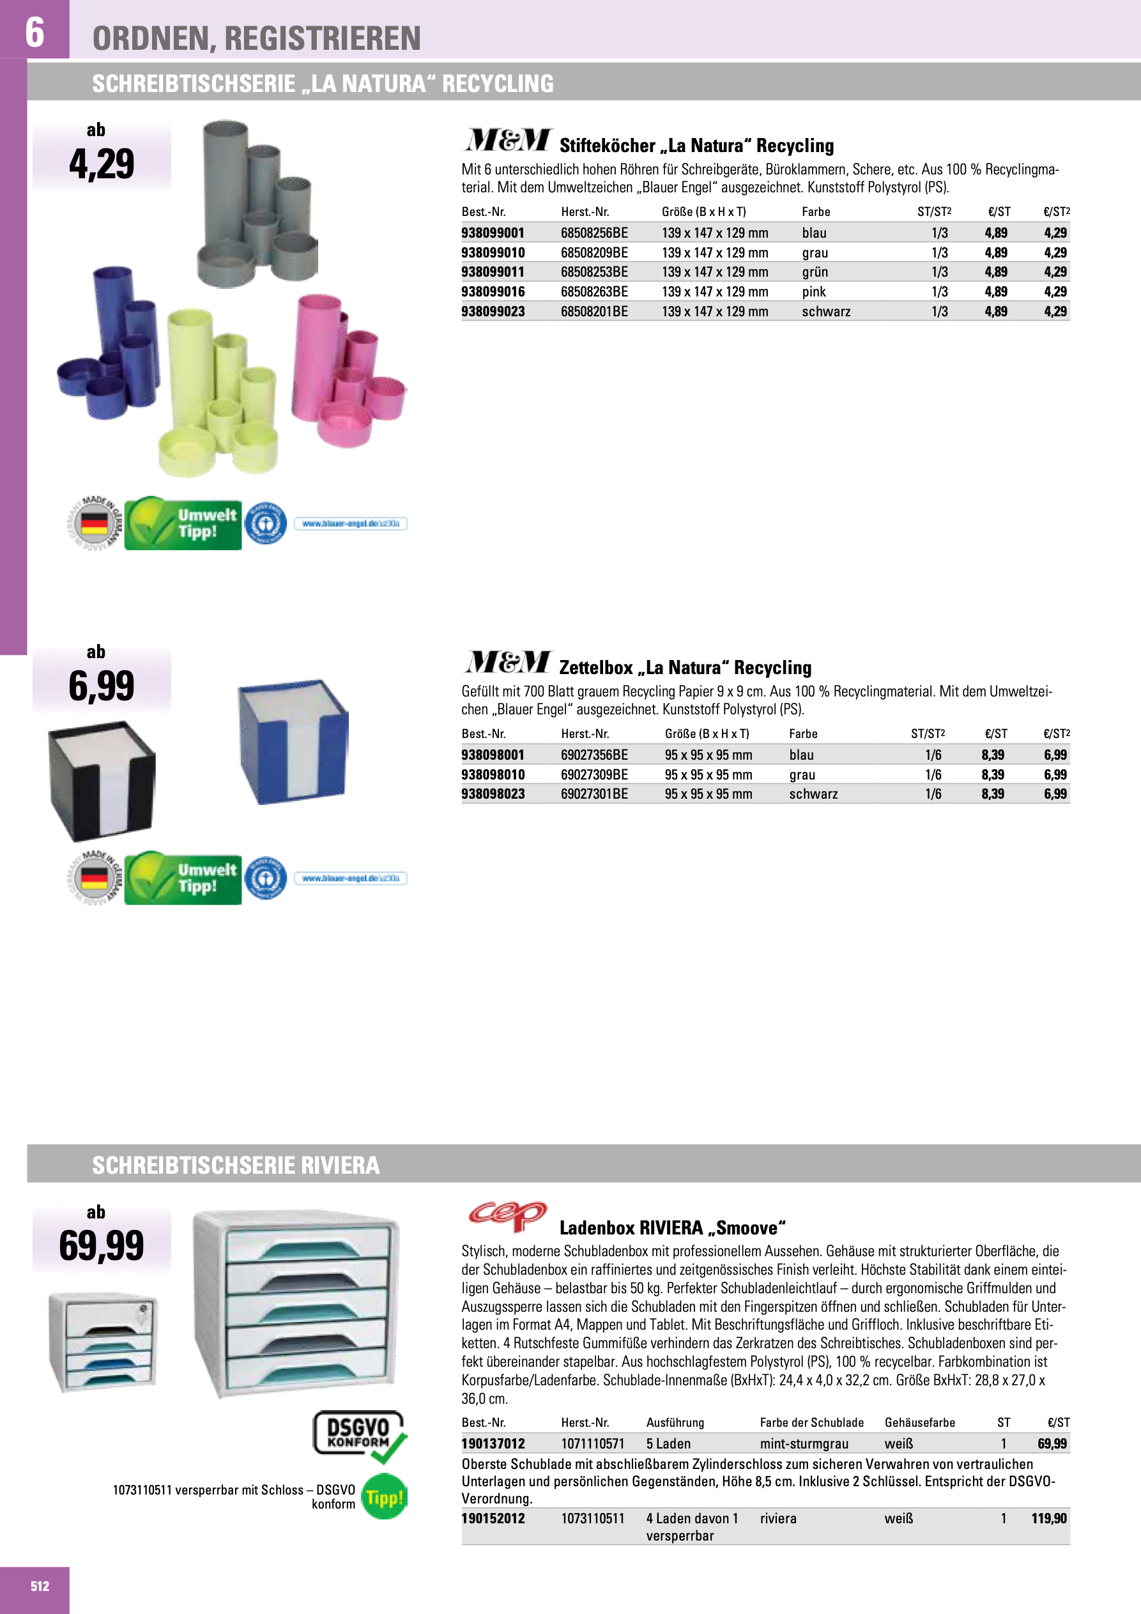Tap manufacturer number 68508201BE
pyautogui.click(x=594, y=311)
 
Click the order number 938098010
pyautogui.click(x=493, y=774)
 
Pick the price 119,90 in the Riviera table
pyautogui.click(x=1048, y=1518)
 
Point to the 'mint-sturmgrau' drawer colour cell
pyautogui.click(x=804, y=1444)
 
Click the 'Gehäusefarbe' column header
pyautogui.click(x=919, y=1423)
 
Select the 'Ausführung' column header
pyautogui.click(x=675, y=1423)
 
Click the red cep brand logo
pyautogui.click(x=507, y=1215)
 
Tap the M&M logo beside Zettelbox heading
pyautogui.click(x=508, y=662)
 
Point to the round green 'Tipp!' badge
pyautogui.click(x=384, y=1497)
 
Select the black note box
pyautogui.click(x=102, y=780)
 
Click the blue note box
pyautogui.click(x=293, y=742)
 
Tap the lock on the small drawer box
pyautogui.click(x=142, y=1310)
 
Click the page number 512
pyautogui.click(x=40, y=1586)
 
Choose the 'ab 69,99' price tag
pyautogui.click(x=101, y=1237)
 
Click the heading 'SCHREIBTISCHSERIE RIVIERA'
pyautogui.click(x=236, y=1165)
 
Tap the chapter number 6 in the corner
pyautogui.click(x=34, y=32)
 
